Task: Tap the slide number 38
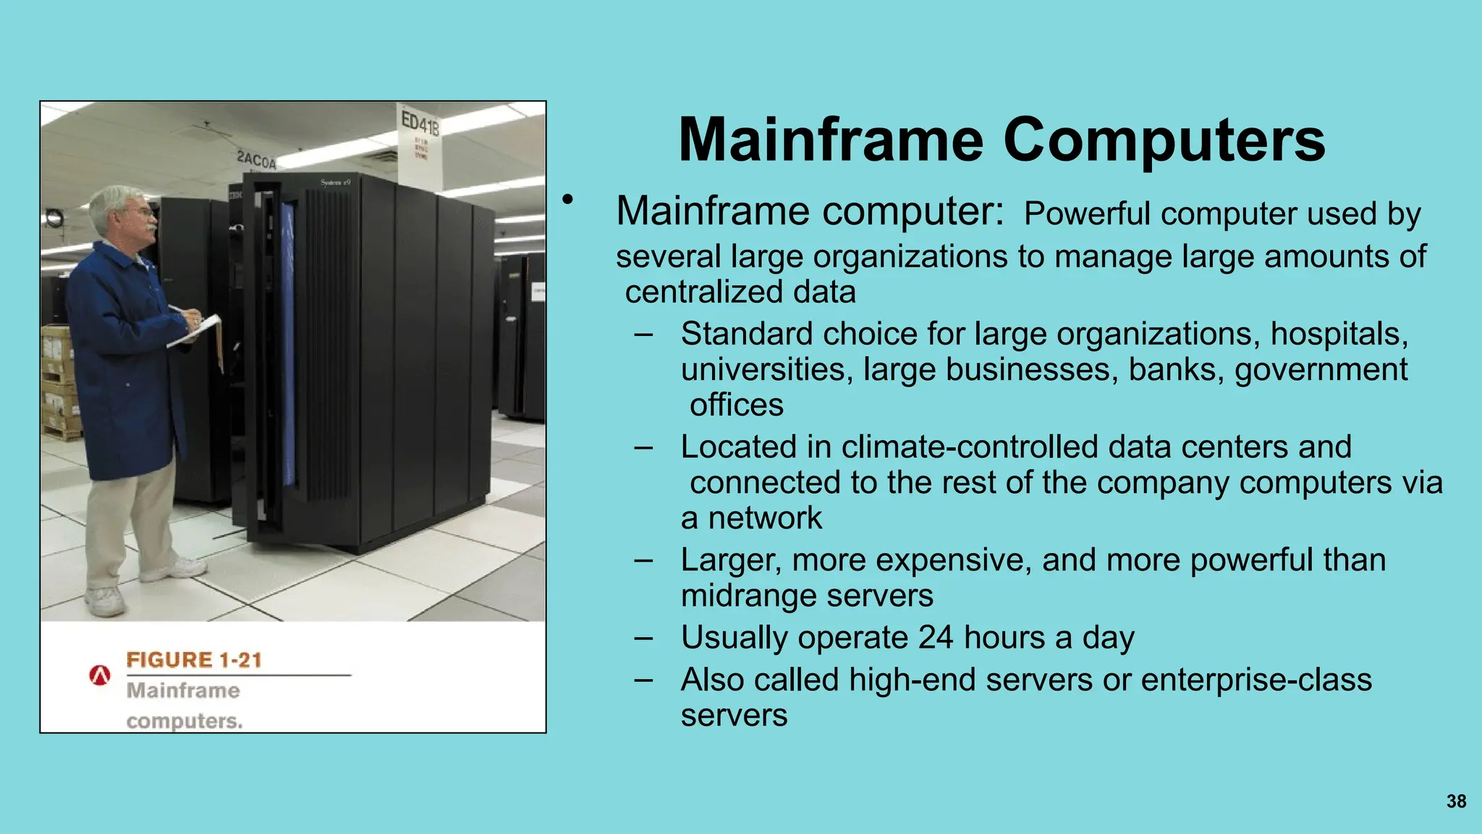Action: (1456, 801)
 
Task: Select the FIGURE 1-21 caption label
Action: (194, 660)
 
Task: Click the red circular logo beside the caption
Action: (100, 675)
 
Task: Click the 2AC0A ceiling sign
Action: (257, 159)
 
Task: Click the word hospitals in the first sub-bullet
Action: (1339, 334)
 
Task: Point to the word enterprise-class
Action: (1256, 680)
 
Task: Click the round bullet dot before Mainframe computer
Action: (568, 199)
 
